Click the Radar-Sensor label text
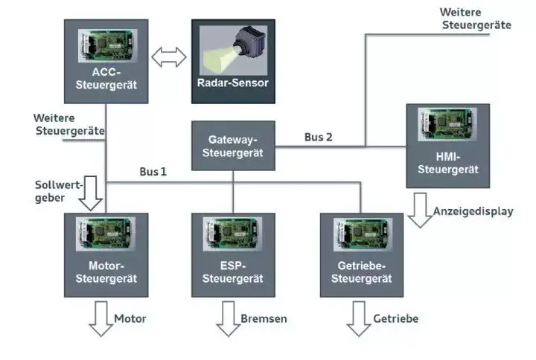coord(233,83)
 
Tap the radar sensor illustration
coord(232,49)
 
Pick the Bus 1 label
coord(153,172)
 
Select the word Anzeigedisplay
coord(473,211)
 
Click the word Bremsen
coord(264,319)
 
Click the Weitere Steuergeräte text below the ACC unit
coord(68,124)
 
